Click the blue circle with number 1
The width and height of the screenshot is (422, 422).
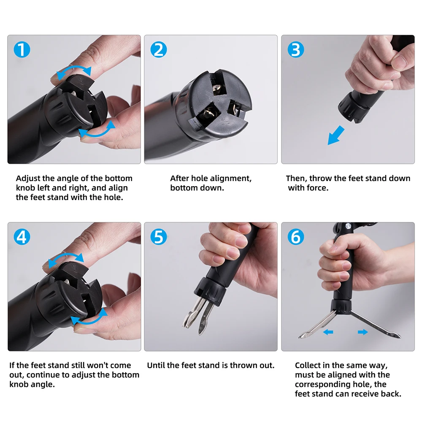click(x=22, y=49)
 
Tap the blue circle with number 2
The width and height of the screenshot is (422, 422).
click(x=159, y=49)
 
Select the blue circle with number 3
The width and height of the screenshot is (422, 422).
click(x=296, y=49)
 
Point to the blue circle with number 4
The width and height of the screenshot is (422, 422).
click(x=22, y=237)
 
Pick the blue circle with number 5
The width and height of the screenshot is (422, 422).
click(x=159, y=237)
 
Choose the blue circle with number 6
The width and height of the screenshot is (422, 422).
click(x=296, y=237)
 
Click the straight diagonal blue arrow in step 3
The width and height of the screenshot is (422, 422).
click(x=335, y=135)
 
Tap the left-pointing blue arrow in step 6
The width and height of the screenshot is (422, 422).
click(x=328, y=332)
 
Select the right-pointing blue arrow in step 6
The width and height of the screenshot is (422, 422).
click(x=363, y=332)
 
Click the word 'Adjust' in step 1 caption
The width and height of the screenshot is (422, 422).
click(x=28, y=179)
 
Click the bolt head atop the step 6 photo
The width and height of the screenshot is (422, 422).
click(x=349, y=225)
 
